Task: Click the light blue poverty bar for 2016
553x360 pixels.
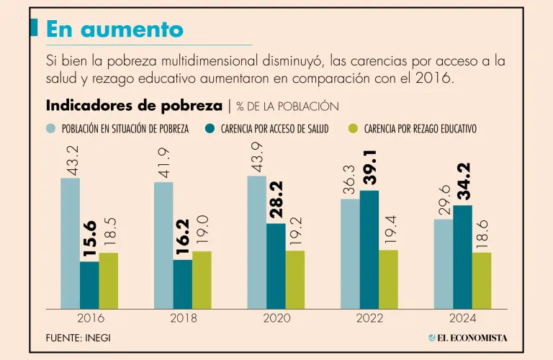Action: click(x=70, y=243)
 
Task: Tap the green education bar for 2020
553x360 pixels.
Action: click(x=295, y=279)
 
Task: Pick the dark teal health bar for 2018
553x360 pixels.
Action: click(x=182, y=284)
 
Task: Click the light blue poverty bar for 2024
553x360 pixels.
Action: click(x=444, y=264)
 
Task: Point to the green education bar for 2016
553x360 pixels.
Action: click(x=109, y=281)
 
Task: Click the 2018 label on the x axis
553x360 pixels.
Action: click(x=184, y=318)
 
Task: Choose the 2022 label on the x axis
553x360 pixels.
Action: click(x=369, y=318)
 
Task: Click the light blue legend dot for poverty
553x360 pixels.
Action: click(x=51, y=129)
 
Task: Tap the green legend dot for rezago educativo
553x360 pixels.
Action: click(x=353, y=129)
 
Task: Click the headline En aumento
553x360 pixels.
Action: click(x=114, y=29)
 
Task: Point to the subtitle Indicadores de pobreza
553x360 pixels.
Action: click(x=134, y=106)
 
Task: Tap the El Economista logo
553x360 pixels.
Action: click(x=467, y=337)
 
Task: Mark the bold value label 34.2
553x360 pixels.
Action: click(x=464, y=181)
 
